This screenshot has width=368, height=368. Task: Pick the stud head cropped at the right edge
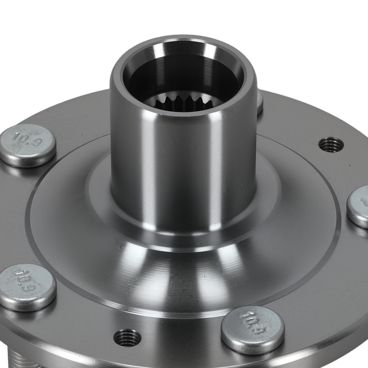tap(359, 206)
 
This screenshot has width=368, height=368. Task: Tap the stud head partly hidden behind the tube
tap(260, 102)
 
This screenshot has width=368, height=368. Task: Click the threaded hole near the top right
tap(330, 144)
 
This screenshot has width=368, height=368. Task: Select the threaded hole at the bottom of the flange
tap(127, 337)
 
